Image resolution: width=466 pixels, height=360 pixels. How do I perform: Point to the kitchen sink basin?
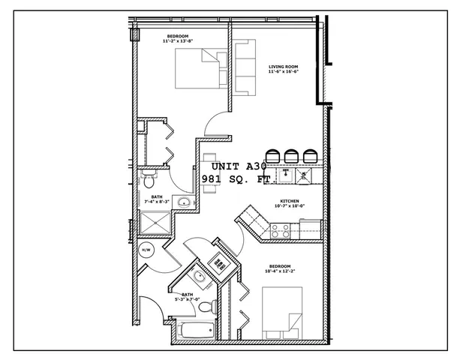tap(285, 175)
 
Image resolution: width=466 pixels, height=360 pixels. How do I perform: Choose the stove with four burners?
tap(280, 232)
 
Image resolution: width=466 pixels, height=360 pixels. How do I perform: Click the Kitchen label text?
tap(290, 202)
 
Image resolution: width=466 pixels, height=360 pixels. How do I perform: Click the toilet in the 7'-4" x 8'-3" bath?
tap(149, 181)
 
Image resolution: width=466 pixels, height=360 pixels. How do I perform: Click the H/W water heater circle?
tap(146, 250)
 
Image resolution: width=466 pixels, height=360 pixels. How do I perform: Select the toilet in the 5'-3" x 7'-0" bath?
tap(215, 306)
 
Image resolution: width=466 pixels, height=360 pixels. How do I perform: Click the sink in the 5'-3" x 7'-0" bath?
tap(200, 277)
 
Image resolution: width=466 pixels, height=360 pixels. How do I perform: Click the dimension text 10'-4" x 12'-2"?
tap(280, 271)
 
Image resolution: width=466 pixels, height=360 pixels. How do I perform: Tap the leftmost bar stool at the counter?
tap(271, 157)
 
